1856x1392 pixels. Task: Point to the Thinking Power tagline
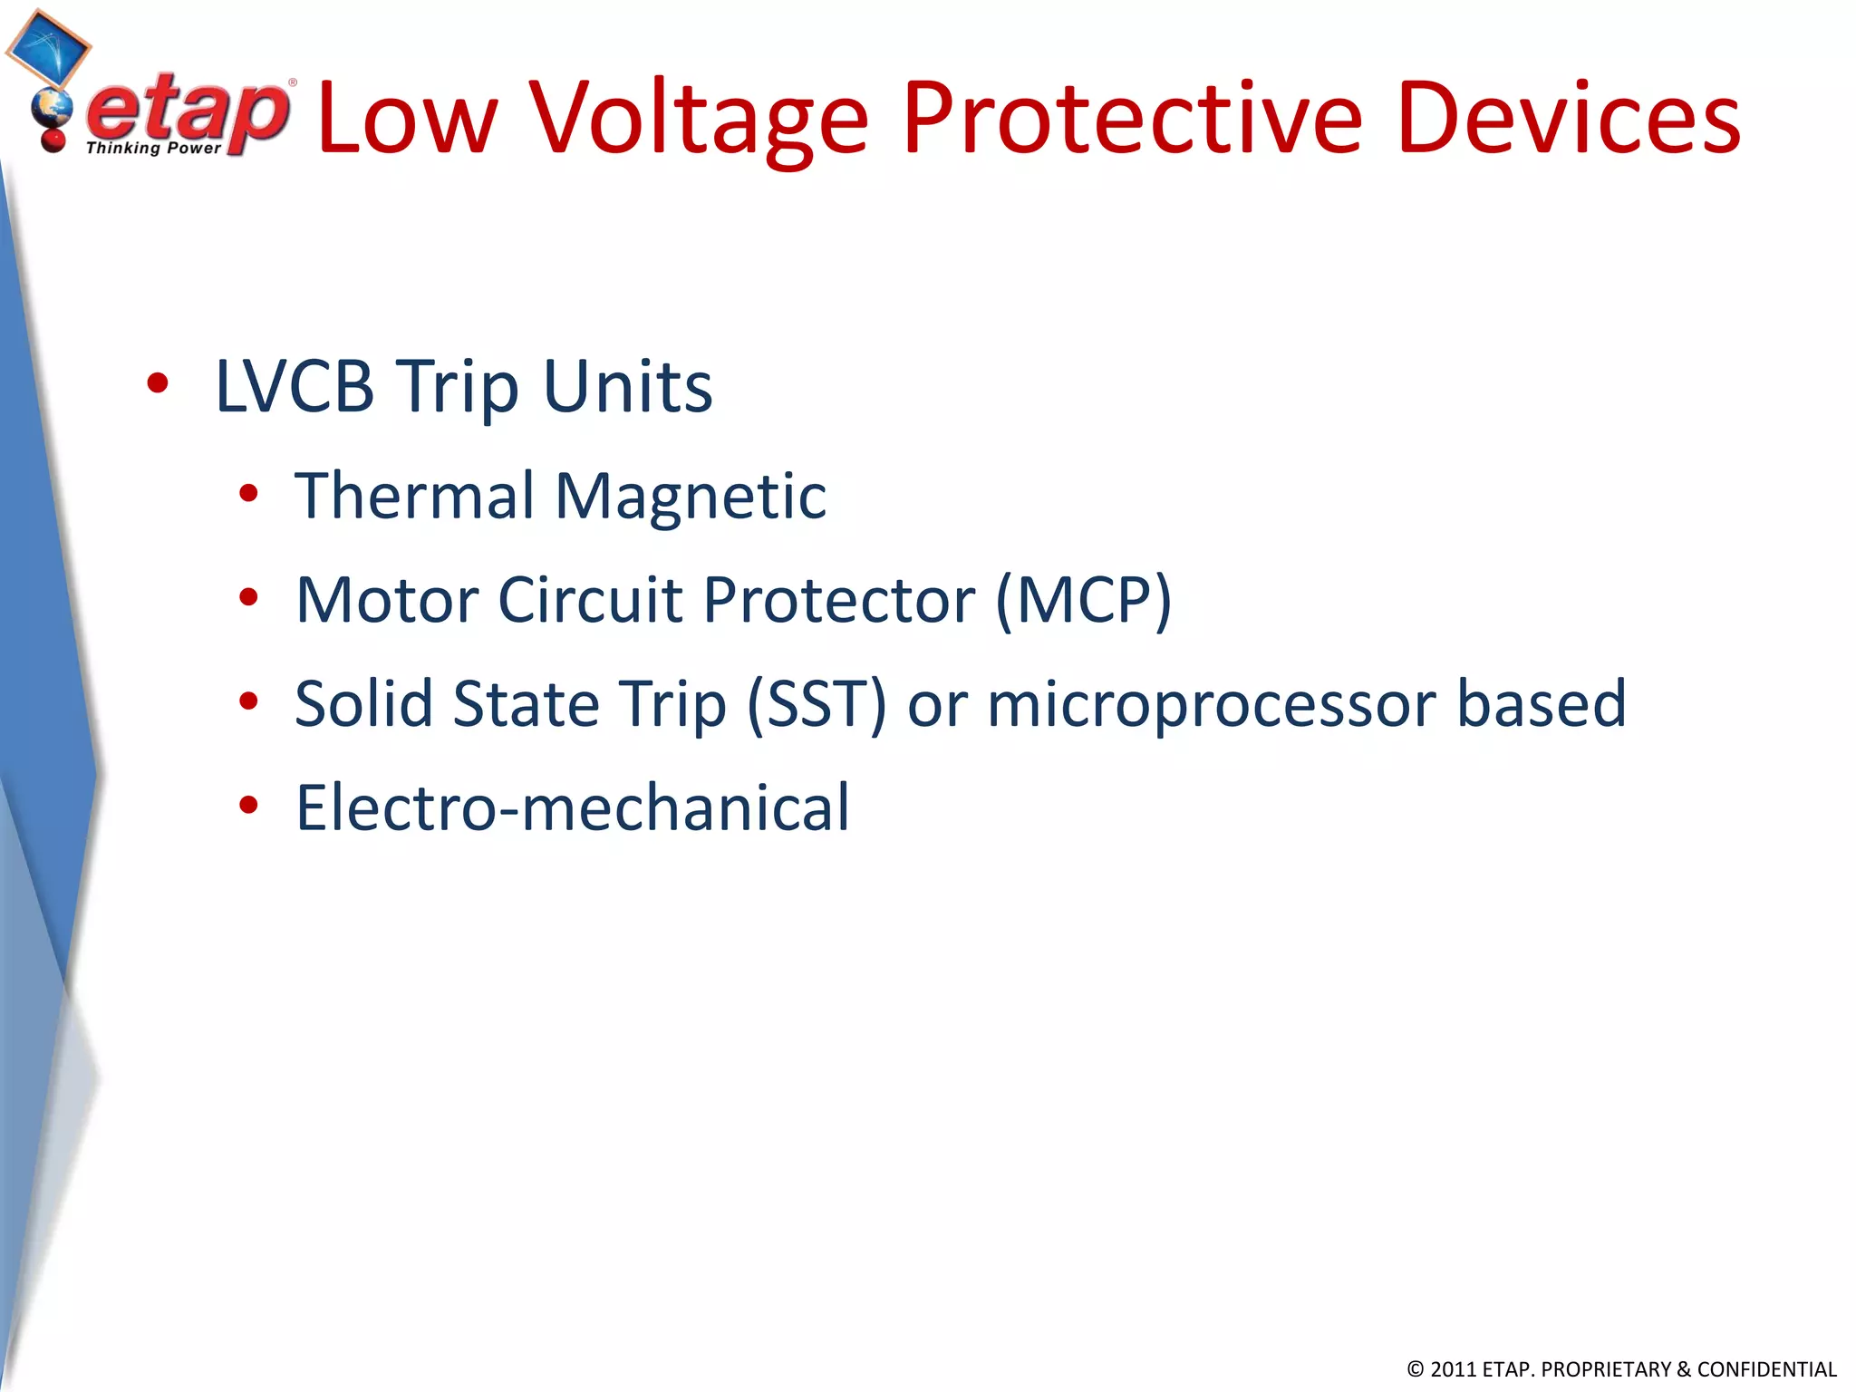point(153,148)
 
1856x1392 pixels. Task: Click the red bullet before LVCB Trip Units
point(158,383)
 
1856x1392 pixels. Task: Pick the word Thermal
point(414,496)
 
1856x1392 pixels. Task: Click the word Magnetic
point(691,498)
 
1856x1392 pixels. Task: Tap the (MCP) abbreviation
point(1083,600)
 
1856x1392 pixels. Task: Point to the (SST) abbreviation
point(816,704)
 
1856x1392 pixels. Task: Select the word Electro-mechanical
point(573,807)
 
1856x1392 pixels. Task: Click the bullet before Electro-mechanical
point(248,805)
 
